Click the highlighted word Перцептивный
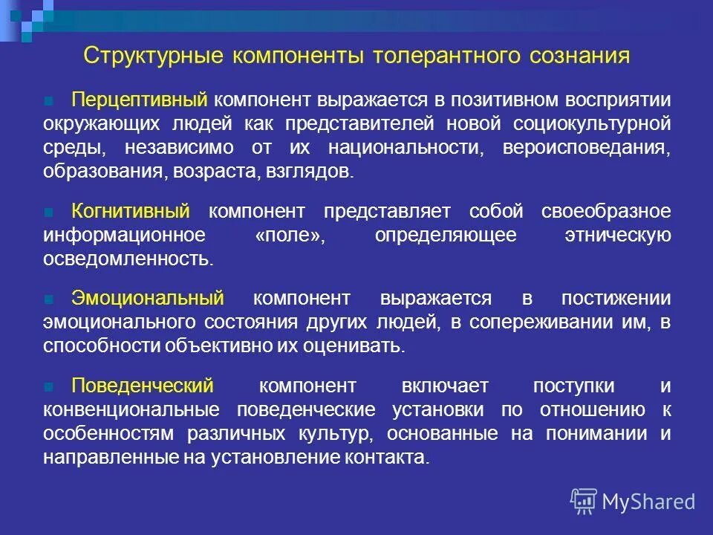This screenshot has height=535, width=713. click(x=139, y=100)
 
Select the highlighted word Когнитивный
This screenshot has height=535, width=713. click(x=131, y=211)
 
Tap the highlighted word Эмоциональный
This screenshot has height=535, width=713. click(x=148, y=299)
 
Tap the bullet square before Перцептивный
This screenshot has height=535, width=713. click(x=49, y=100)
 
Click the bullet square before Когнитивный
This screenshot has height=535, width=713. click(x=49, y=212)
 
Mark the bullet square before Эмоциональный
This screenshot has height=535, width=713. click(x=49, y=299)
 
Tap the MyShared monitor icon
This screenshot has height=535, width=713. click(x=584, y=502)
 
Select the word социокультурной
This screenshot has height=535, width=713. click(x=590, y=124)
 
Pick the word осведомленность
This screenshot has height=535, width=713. click(x=128, y=259)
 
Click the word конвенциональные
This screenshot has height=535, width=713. click(x=131, y=410)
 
